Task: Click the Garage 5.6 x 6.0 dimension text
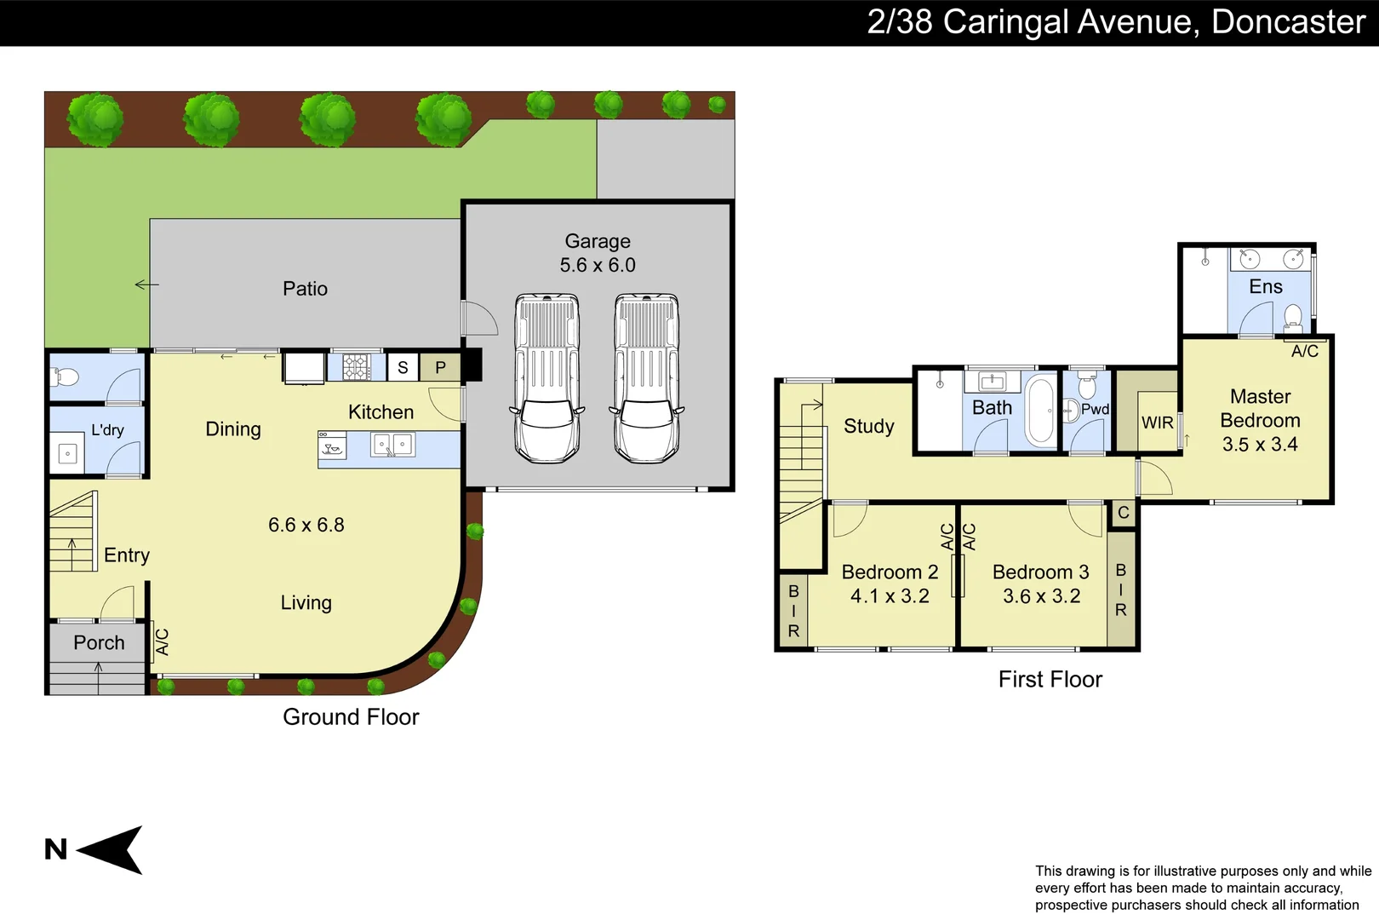(598, 265)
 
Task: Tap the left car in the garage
(547, 378)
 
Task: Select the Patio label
(305, 289)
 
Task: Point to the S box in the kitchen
(403, 367)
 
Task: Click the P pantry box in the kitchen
(440, 367)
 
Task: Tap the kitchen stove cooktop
(357, 367)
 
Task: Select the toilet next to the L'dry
(65, 376)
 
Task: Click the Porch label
(99, 643)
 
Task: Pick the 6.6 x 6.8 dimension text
(306, 525)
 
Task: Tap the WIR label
(1157, 423)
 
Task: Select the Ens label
(1266, 287)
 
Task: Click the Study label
(868, 426)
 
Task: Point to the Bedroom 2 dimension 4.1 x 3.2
(890, 596)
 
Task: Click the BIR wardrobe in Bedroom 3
(1121, 589)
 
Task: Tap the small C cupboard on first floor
(1124, 513)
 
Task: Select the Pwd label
(1095, 409)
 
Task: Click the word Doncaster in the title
(1288, 22)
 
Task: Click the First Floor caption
(1050, 679)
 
